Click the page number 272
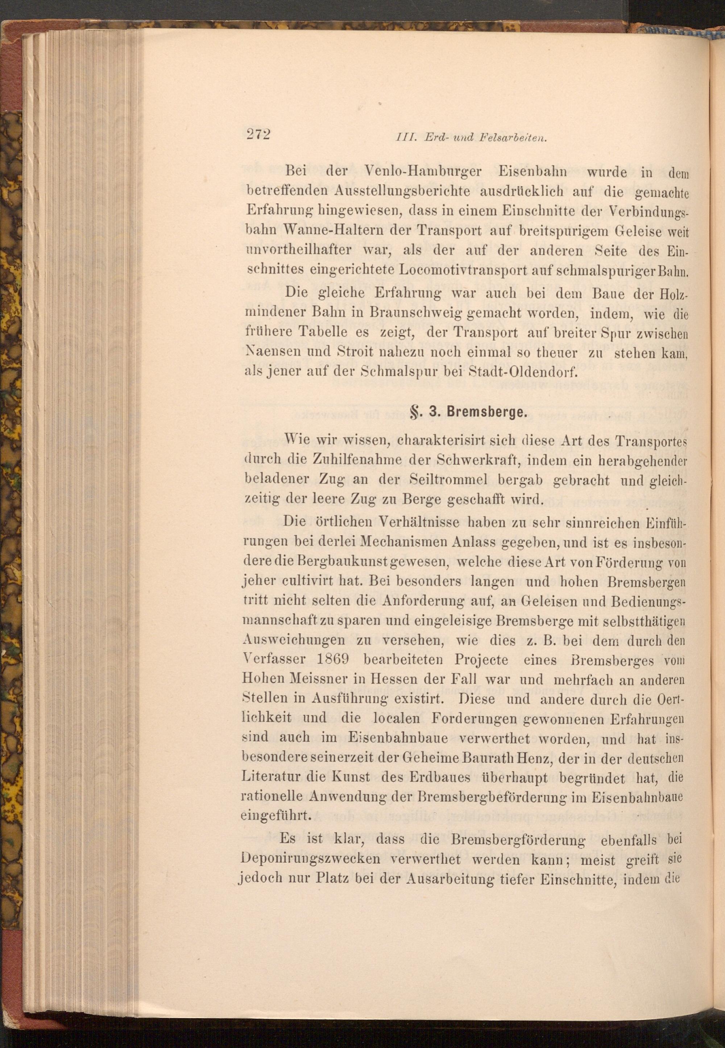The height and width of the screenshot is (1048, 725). coord(258,135)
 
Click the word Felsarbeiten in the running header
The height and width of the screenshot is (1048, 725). coord(511,137)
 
